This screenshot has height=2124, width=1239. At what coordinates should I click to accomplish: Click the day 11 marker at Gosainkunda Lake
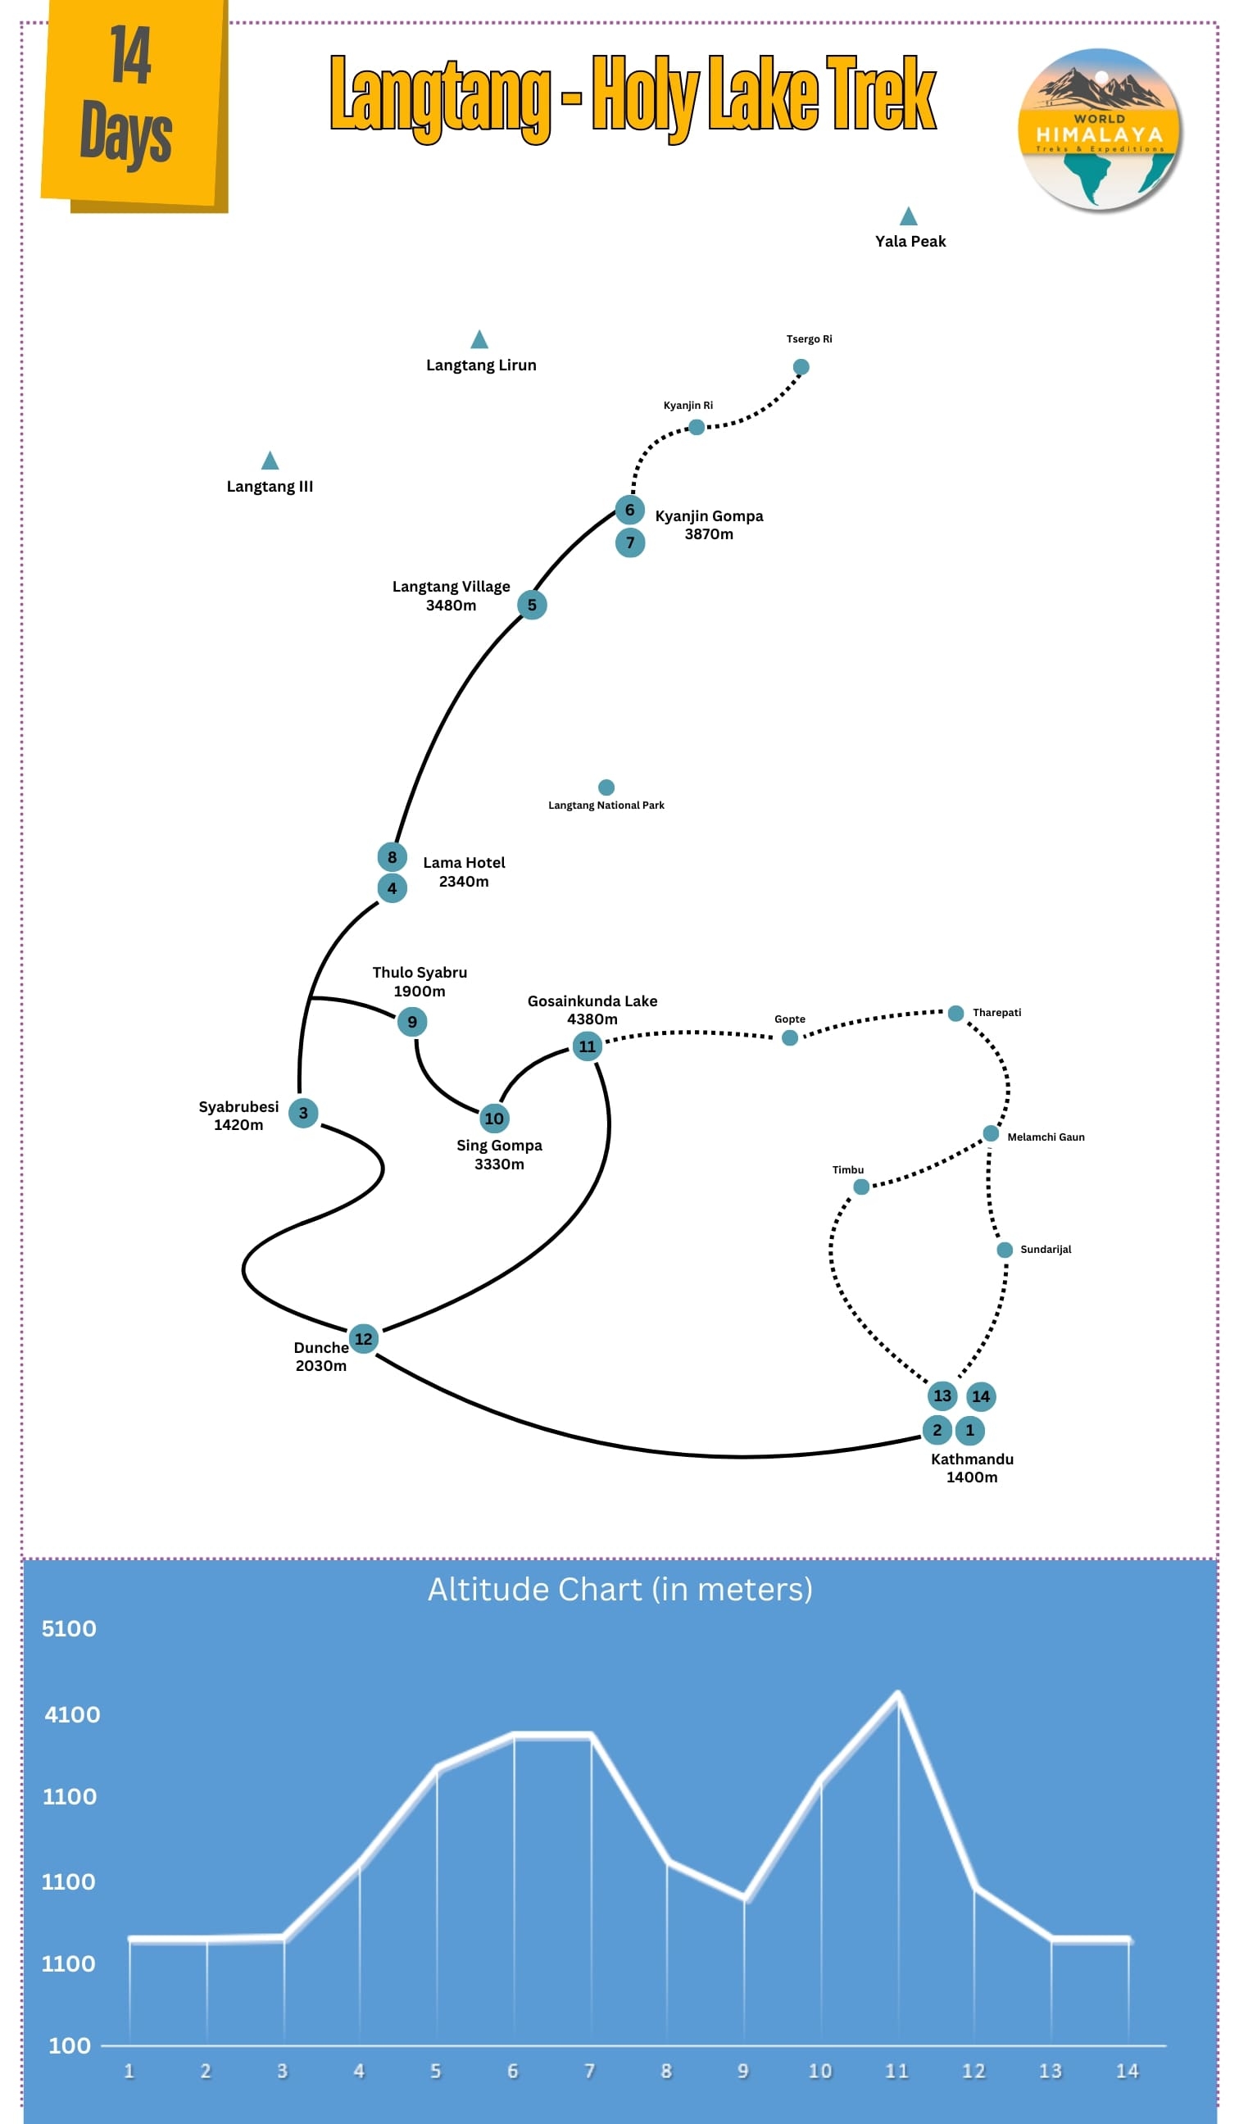click(587, 1046)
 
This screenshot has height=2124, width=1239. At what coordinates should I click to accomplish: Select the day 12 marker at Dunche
click(363, 1338)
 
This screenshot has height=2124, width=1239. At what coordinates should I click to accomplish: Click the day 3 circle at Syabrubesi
click(303, 1113)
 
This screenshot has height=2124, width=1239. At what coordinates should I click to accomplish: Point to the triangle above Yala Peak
click(908, 216)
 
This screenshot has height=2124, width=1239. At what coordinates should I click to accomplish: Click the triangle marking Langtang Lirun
click(479, 340)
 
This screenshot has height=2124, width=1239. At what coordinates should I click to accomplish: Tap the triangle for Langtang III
click(270, 461)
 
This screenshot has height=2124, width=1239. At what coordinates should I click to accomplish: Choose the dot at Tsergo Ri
click(801, 366)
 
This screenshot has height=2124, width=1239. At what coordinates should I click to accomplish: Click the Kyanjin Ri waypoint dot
click(697, 427)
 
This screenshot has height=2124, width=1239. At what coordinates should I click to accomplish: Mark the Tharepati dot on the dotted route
click(955, 1013)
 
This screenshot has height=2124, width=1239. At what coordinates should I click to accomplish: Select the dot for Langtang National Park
click(606, 787)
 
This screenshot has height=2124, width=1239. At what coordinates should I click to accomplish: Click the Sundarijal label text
click(1045, 1249)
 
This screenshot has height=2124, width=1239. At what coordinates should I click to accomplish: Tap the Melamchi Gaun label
click(1045, 1137)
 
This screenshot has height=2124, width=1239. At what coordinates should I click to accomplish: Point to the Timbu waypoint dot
click(861, 1187)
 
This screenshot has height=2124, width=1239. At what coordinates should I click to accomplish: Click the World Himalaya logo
click(1099, 129)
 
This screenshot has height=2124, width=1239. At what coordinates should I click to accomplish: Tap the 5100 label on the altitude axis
click(69, 1628)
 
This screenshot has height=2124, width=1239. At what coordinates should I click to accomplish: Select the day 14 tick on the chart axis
click(1127, 2070)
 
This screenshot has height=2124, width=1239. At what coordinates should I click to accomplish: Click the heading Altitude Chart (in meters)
click(619, 1589)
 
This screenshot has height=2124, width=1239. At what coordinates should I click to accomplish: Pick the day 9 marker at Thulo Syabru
click(412, 1022)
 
